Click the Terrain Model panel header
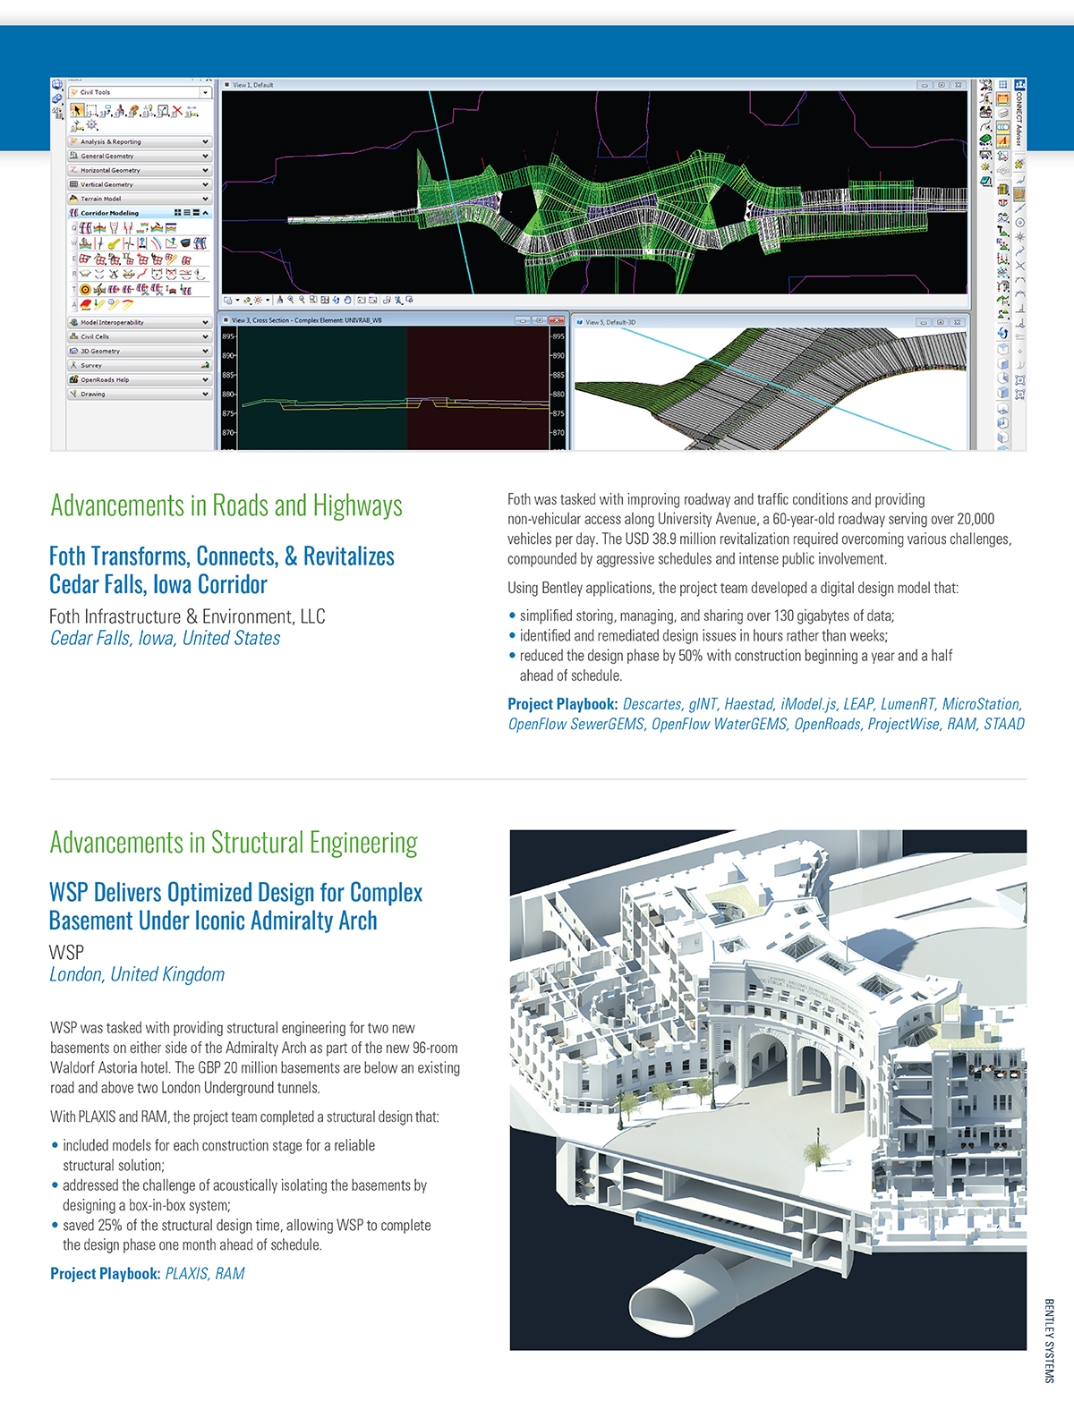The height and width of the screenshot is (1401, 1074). click(x=139, y=199)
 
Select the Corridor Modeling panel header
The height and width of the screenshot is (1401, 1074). click(x=139, y=213)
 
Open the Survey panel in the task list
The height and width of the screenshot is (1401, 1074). click(x=139, y=365)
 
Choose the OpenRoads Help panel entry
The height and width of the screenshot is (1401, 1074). click(x=139, y=379)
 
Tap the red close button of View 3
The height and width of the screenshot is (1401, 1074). click(x=558, y=320)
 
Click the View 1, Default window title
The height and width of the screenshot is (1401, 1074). click(x=253, y=85)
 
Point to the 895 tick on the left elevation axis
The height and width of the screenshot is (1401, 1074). click(x=227, y=336)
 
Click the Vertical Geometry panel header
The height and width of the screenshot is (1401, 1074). click(x=139, y=184)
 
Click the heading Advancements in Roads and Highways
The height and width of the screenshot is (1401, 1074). click(x=226, y=505)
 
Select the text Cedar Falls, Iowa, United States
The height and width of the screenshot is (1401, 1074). click(x=165, y=638)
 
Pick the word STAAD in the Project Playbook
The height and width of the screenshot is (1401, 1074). click(x=1003, y=724)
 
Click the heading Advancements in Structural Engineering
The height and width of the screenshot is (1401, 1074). click(x=234, y=843)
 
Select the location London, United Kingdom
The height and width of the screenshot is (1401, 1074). click(x=137, y=974)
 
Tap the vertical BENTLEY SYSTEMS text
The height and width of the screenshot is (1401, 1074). click(x=1049, y=1339)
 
